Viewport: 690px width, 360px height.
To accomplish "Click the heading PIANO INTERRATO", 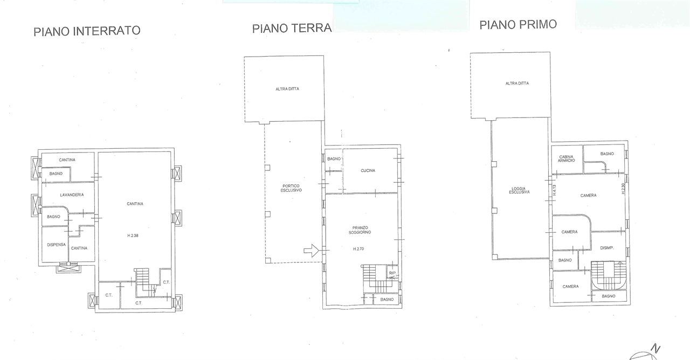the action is [87, 31].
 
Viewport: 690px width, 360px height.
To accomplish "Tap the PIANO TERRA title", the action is [292, 29].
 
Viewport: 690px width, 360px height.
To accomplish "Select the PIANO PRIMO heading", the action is [518, 25].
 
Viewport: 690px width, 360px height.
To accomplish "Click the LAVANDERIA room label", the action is [72, 195].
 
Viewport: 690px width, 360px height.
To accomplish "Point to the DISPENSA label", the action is [57, 245].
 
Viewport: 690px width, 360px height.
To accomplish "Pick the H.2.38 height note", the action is [133, 236].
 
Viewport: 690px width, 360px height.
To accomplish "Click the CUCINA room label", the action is [368, 171].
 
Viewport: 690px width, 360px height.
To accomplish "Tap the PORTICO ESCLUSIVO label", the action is [291, 188].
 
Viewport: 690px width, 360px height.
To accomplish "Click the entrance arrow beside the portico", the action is [311, 251].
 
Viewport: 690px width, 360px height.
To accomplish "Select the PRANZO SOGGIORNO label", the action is [360, 230].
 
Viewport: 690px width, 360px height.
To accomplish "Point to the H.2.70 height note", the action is [358, 249].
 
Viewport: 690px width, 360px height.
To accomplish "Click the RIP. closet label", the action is [392, 273].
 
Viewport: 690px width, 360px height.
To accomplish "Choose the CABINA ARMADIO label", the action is [566, 158].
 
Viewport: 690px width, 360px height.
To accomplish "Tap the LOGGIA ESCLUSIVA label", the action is [519, 190].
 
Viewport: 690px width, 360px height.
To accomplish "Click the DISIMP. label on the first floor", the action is [607, 248].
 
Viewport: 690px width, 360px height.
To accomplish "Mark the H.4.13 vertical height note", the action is [555, 190].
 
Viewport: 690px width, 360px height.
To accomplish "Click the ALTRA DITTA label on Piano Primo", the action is [517, 84].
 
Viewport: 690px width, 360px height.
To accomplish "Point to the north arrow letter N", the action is [655, 349].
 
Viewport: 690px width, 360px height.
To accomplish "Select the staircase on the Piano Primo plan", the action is [609, 275].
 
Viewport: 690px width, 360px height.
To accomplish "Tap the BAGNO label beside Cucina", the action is [334, 159].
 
